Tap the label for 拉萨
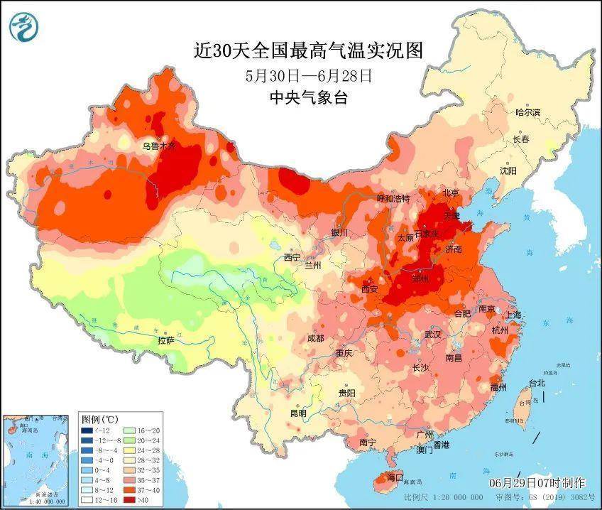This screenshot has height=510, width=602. pos(166,341)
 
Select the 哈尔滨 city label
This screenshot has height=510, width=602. pos(527,112)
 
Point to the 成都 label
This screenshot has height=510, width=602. pos(316,338)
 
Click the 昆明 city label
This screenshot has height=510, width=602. pos(297,413)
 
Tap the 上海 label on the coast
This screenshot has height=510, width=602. pos(512,315)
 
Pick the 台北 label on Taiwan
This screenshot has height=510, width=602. pos(537,383)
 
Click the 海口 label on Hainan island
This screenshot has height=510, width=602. pos(395,477)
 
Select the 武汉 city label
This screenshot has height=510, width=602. pos(432,333)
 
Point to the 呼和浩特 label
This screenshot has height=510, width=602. pos(393,198)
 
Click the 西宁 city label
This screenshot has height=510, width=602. pos(292,257)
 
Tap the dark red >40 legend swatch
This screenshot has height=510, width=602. pos(131,500)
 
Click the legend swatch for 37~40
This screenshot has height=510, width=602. pos(131,490)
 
